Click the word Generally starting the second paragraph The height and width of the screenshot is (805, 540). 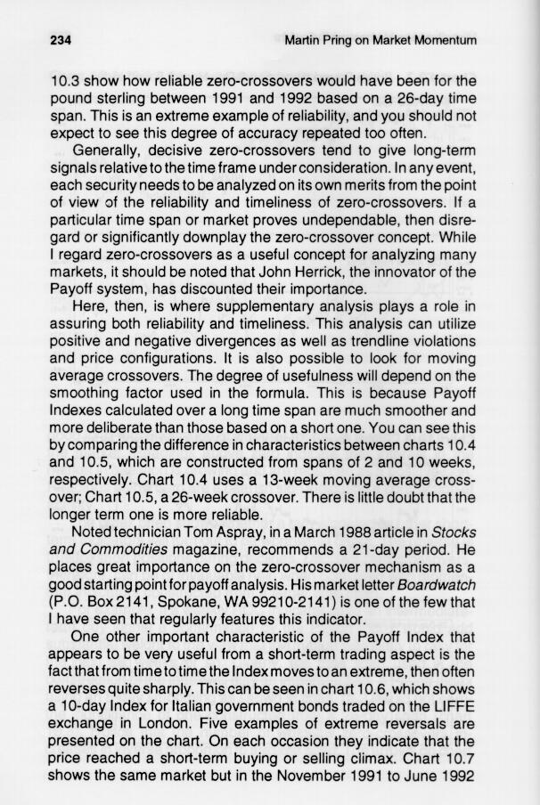(x=109, y=148)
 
